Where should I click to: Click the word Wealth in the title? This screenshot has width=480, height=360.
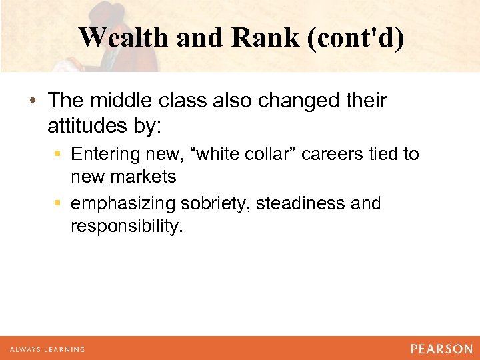123,38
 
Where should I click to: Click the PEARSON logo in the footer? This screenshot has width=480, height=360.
441,349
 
